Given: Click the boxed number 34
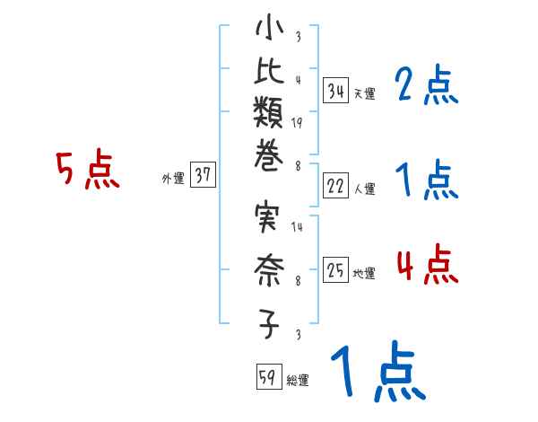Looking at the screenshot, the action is (x=336, y=90).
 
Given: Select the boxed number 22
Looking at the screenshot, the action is (x=336, y=186).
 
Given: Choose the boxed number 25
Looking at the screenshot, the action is (x=336, y=270).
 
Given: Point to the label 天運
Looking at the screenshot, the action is (x=364, y=93).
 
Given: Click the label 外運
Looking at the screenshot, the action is (x=173, y=179).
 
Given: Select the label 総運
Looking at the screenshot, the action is (x=298, y=381).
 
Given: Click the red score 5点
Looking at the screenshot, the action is (x=88, y=171).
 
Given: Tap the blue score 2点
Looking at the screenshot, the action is (x=426, y=86).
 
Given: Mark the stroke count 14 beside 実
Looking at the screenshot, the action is (x=297, y=227).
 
